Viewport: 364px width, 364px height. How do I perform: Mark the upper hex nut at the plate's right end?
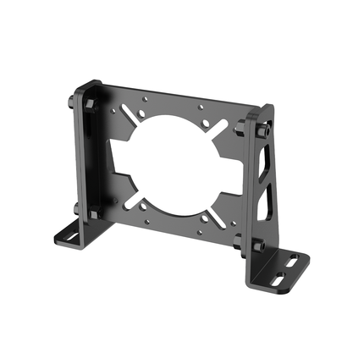pos(241,128)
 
